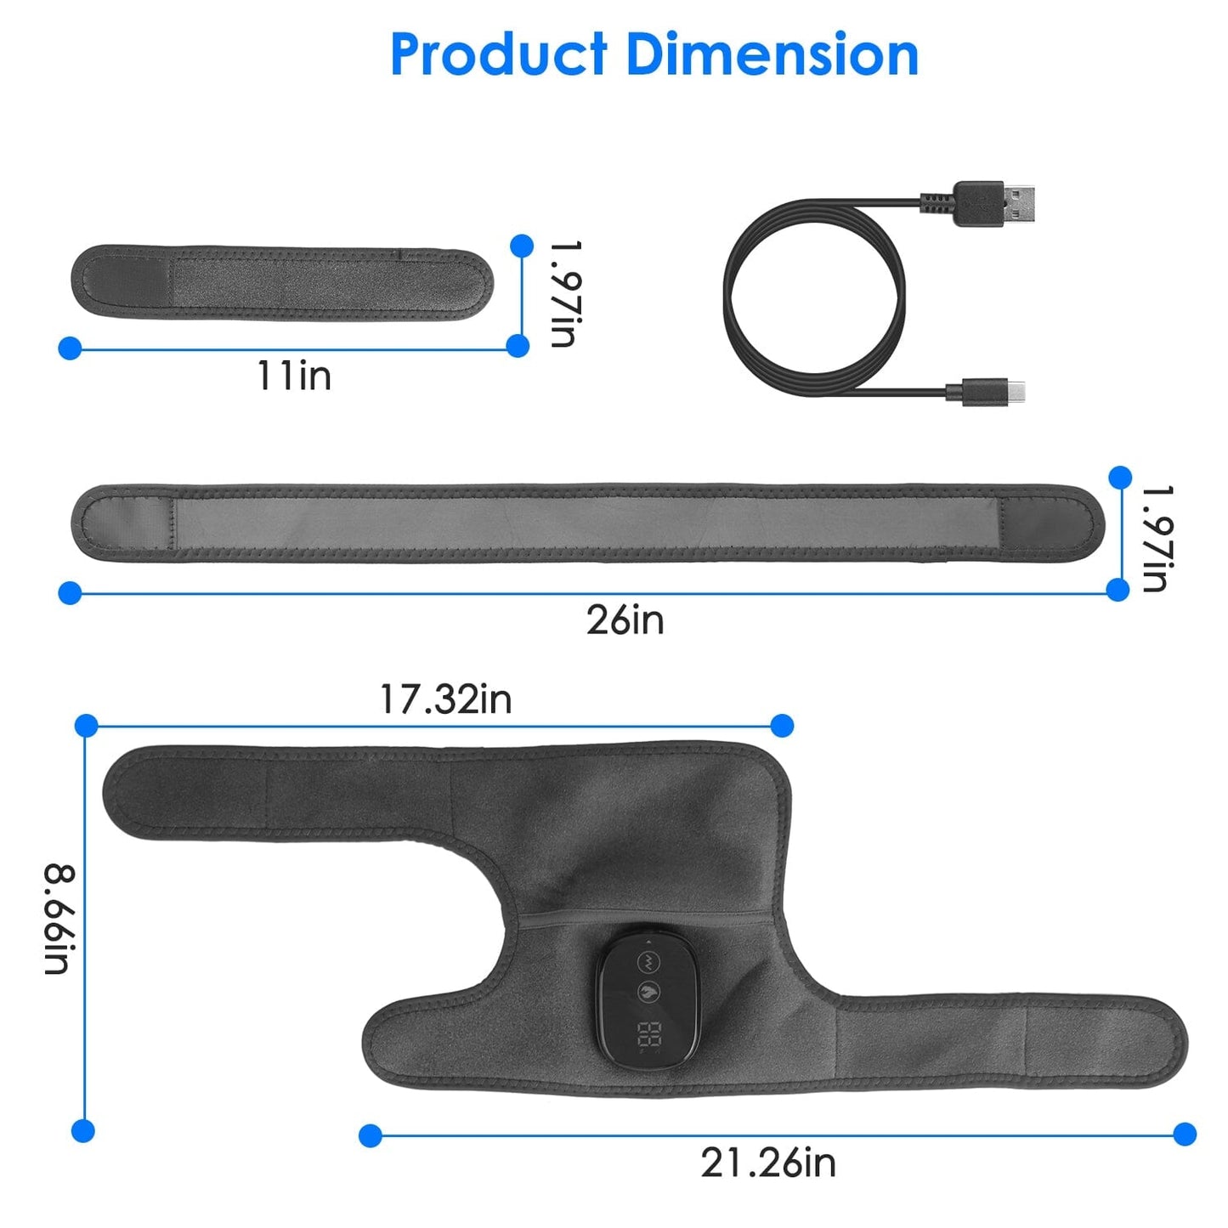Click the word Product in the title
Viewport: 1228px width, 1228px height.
click(499, 55)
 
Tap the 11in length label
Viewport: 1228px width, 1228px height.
click(294, 376)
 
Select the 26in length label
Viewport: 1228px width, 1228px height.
click(625, 620)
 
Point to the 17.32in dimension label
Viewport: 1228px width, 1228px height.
click(445, 699)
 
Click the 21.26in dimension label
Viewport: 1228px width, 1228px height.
click(768, 1163)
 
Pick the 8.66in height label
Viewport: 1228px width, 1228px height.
click(60, 920)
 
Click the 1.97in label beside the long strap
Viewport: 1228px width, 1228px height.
click(1157, 538)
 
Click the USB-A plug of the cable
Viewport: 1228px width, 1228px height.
click(1003, 203)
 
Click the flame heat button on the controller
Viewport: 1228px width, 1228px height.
click(649, 991)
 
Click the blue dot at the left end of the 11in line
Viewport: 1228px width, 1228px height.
click(70, 348)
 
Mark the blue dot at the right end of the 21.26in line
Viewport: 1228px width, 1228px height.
click(1185, 1134)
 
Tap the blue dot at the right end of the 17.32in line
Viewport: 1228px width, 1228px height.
click(782, 725)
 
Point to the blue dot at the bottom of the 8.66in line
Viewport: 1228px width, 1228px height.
click(83, 1130)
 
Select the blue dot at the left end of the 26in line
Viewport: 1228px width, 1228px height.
click(70, 592)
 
